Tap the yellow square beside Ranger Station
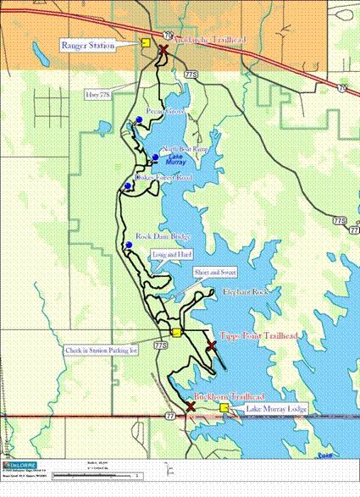[x=146, y=42]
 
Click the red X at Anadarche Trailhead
[x=163, y=51]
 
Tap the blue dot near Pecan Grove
[x=138, y=119]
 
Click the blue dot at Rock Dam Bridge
[x=129, y=246]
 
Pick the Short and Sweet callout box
[x=215, y=273]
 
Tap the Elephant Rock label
[x=245, y=291]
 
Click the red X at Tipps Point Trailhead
[x=211, y=345]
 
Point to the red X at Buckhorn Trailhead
[x=191, y=406]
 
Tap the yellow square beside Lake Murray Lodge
[x=224, y=408]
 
